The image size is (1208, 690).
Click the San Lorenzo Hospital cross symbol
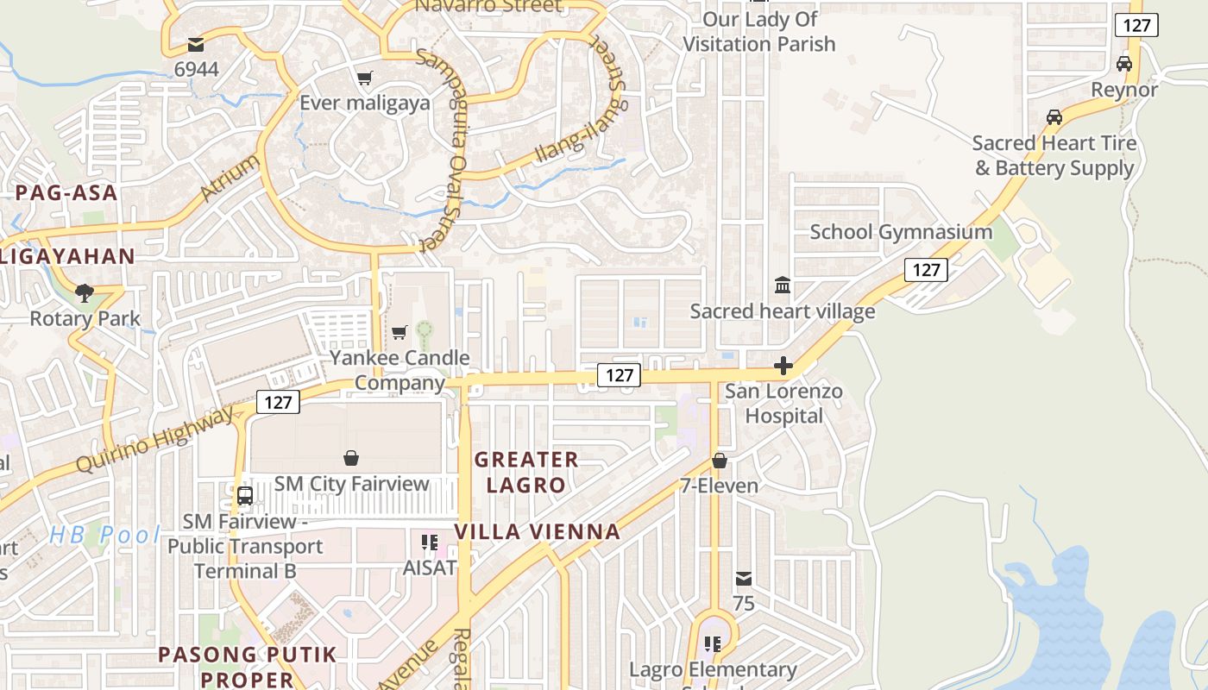click(783, 367)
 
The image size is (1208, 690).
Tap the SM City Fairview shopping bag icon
click(351, 457)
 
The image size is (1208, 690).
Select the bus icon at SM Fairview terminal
click(245, 496)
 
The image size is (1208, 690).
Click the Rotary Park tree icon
click(84, 293)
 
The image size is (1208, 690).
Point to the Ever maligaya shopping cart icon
click(365, 78)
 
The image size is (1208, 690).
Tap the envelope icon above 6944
click(196, 44)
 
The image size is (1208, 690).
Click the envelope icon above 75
click(744, 579)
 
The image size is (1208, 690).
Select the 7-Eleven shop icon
click(720, 461)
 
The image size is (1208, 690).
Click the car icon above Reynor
click(1123, 64)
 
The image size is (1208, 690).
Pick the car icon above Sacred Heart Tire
click(1054, 116)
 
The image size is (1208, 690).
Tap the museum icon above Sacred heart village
click(783, 285)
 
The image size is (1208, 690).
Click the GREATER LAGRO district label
click(525, 472)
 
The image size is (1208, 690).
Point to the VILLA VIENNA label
click(538, 531)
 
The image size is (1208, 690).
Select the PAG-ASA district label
click(66, 192)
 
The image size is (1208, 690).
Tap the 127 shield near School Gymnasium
click(926, 270)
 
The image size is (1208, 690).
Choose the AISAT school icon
click(429, 543)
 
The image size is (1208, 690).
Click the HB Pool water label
click(104, 535)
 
